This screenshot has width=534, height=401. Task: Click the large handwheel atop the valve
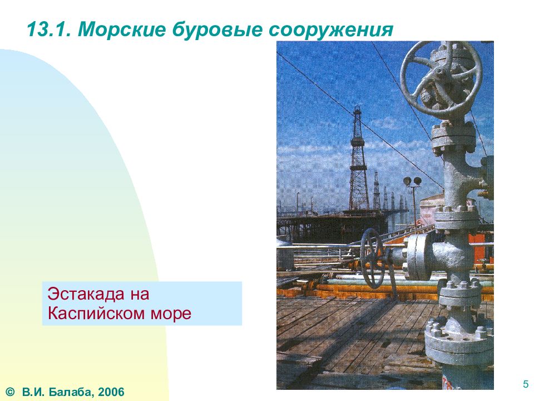click(x=441, y=78)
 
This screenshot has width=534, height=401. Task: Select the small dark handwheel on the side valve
click(x=372, y=259)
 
